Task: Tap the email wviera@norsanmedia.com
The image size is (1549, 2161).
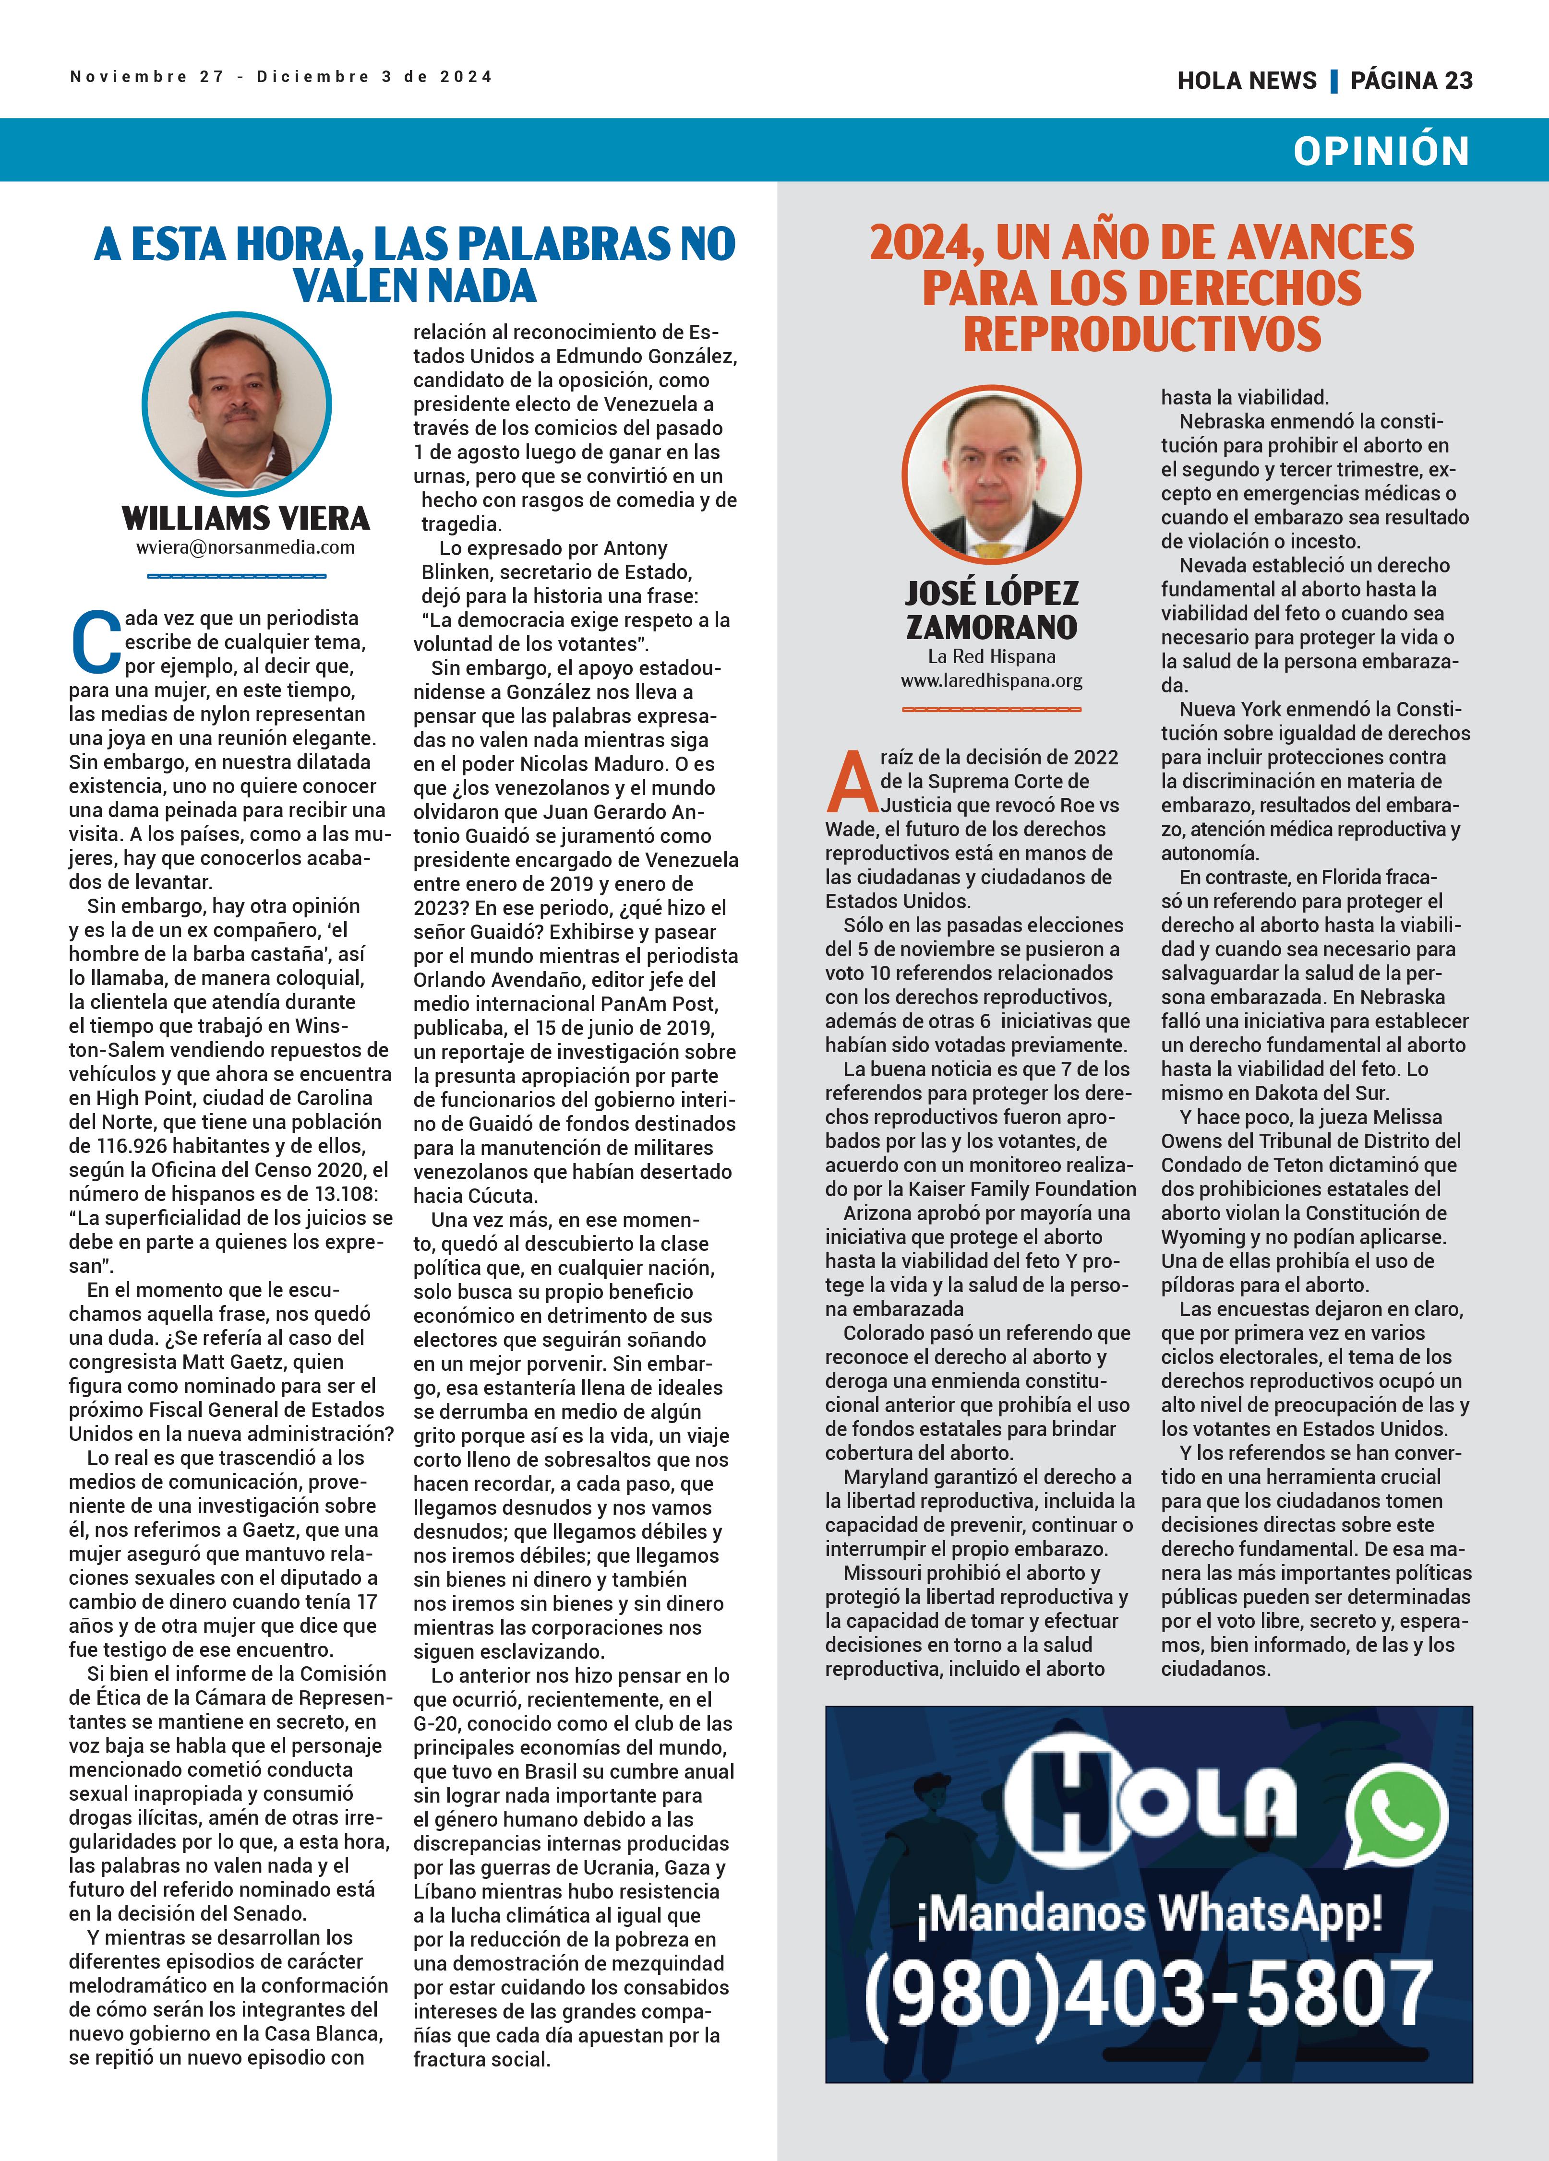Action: (245, 548)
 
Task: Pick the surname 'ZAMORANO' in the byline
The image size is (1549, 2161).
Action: (991, 627)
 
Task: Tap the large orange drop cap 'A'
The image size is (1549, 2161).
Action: (851, 781)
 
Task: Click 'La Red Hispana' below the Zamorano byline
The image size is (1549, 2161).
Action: (991, 656)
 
